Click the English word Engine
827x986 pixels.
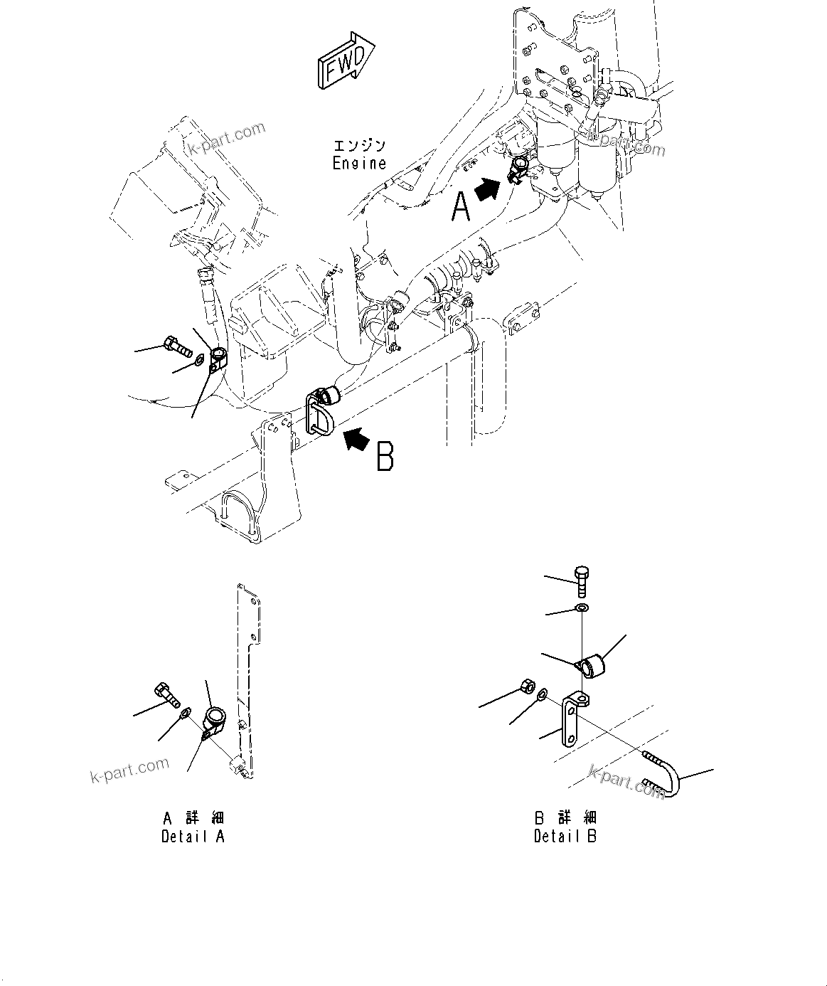[x=359, y=163]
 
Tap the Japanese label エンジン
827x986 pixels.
[x=360, y=146]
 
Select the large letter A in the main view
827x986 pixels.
[x=461, y=208]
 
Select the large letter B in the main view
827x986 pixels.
[x=385, y=457]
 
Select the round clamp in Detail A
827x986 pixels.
[x=214, y=720]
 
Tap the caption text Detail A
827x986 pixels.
[x=193, y=836]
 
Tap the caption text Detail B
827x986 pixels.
[x=565, y=836]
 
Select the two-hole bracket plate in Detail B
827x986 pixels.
[x=572, y=719]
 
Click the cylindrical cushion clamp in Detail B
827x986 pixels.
[x=592, y=665]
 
